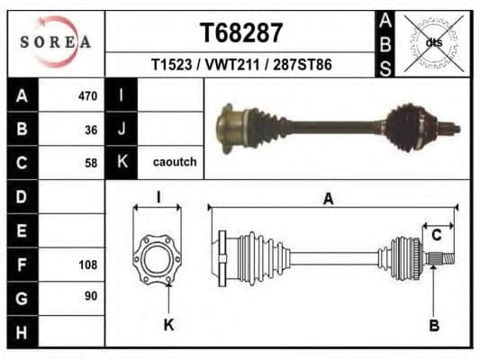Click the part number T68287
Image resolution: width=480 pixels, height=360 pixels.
pyautogui.click(x=240, y=33)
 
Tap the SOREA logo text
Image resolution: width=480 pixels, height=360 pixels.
pyautogui.click(x=56, y=42)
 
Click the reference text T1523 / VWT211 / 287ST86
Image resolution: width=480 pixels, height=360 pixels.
pyautogui.click(x=240, y=66)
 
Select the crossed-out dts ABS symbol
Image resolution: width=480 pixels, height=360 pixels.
pyautogui.click(x=434, y=42)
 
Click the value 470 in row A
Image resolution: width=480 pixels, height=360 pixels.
pyautogui.click(x=87, y=95)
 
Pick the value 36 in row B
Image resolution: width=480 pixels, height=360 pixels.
pyautogui.click(x=90, y=129)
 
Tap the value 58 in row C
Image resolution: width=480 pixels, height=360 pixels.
pyautogui.click(x=90, y=163)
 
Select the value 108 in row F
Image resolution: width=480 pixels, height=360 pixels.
pyautogui.click(x=87, y=265)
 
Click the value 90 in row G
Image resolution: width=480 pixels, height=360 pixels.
pyautogui.click(x=90, y=295)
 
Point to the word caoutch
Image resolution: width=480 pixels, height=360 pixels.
pyautogui.click(x=174, y=163)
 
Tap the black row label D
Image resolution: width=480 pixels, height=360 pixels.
pyautogui.click(x=22, y=196)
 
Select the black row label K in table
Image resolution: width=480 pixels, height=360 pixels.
pyautogui.click(x=122, y=163)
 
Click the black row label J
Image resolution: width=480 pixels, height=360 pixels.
pyautogui.click(x=122, y=129)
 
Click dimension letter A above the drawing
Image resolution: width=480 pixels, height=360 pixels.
pyautogui.click(x=328, y=199)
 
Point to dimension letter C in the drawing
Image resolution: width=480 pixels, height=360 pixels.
pyautogui.click(x=436, y=236)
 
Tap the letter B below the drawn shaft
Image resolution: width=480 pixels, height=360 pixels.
pyautogui.click(x=433, y=325)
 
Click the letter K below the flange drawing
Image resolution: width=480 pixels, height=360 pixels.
pyautogui.click(x=168, y=325)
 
